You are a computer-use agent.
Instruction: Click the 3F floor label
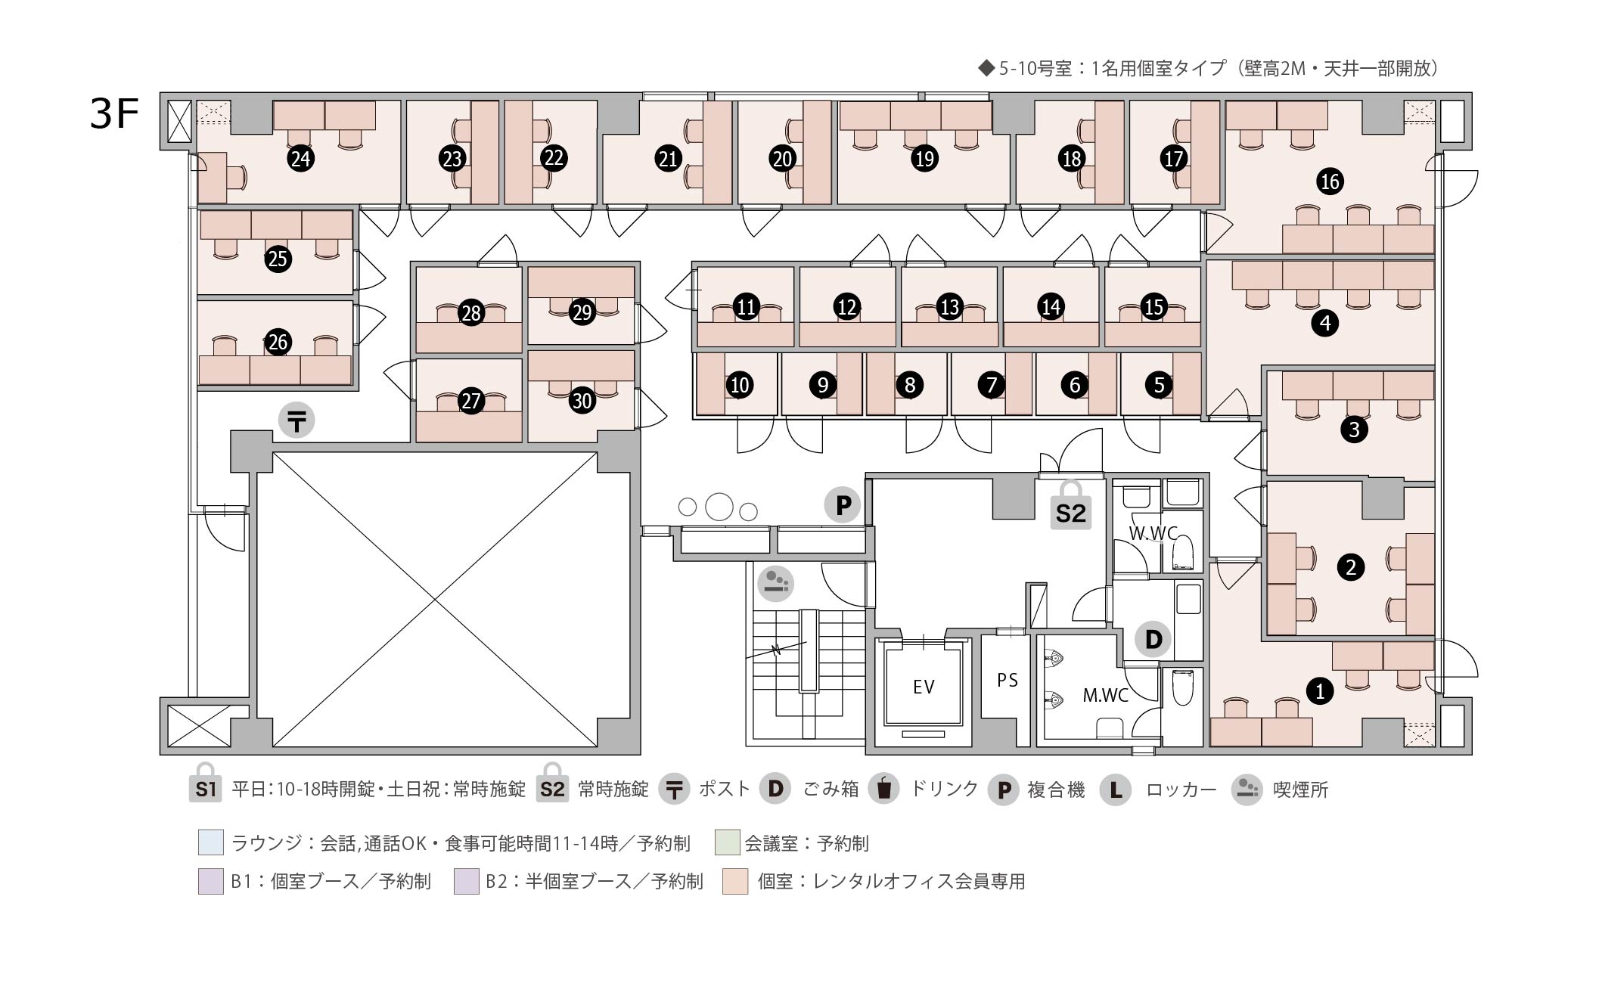click(114, 114)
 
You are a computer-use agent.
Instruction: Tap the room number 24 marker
click(301, 159)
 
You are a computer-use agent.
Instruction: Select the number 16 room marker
click(1330, 181)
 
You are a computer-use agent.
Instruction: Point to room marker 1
click(1320, 690)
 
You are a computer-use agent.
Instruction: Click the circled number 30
click(582, 400)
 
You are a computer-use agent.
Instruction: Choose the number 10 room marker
click(739, 385)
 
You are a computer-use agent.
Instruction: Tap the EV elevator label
click(924, 687)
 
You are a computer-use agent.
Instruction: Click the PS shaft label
click(1008, 680)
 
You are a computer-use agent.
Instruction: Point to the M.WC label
click(1105, 695)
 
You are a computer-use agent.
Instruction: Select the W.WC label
click(1153, 533)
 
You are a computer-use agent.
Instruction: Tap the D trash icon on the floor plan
click(1153, 640)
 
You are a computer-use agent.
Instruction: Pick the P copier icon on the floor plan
click(843, 504)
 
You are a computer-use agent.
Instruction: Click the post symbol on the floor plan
click(297, 420)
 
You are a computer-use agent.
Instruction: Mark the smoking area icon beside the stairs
click(775, 583)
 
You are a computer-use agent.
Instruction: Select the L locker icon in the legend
click(1115, 790)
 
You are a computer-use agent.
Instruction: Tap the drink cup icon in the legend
click(883, 789)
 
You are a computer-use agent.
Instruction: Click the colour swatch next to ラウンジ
click(211, 842)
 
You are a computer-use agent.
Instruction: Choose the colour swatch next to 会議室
click(727, 842)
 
